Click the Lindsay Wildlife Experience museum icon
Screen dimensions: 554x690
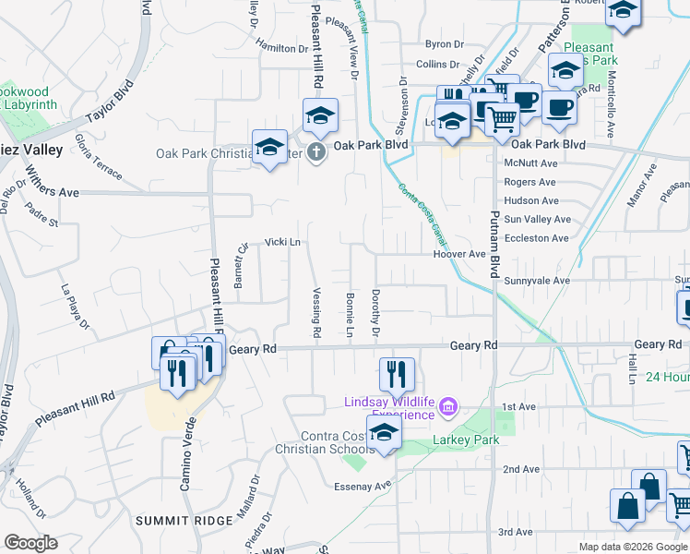click(x=448, y=406)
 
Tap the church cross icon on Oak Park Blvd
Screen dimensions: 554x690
click(x=316, y=151)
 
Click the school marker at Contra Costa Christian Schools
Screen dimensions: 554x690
click(x=383, y=431)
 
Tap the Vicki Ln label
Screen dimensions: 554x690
click(x=283, y=242)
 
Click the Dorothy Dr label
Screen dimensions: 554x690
click(x=375, y=311)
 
